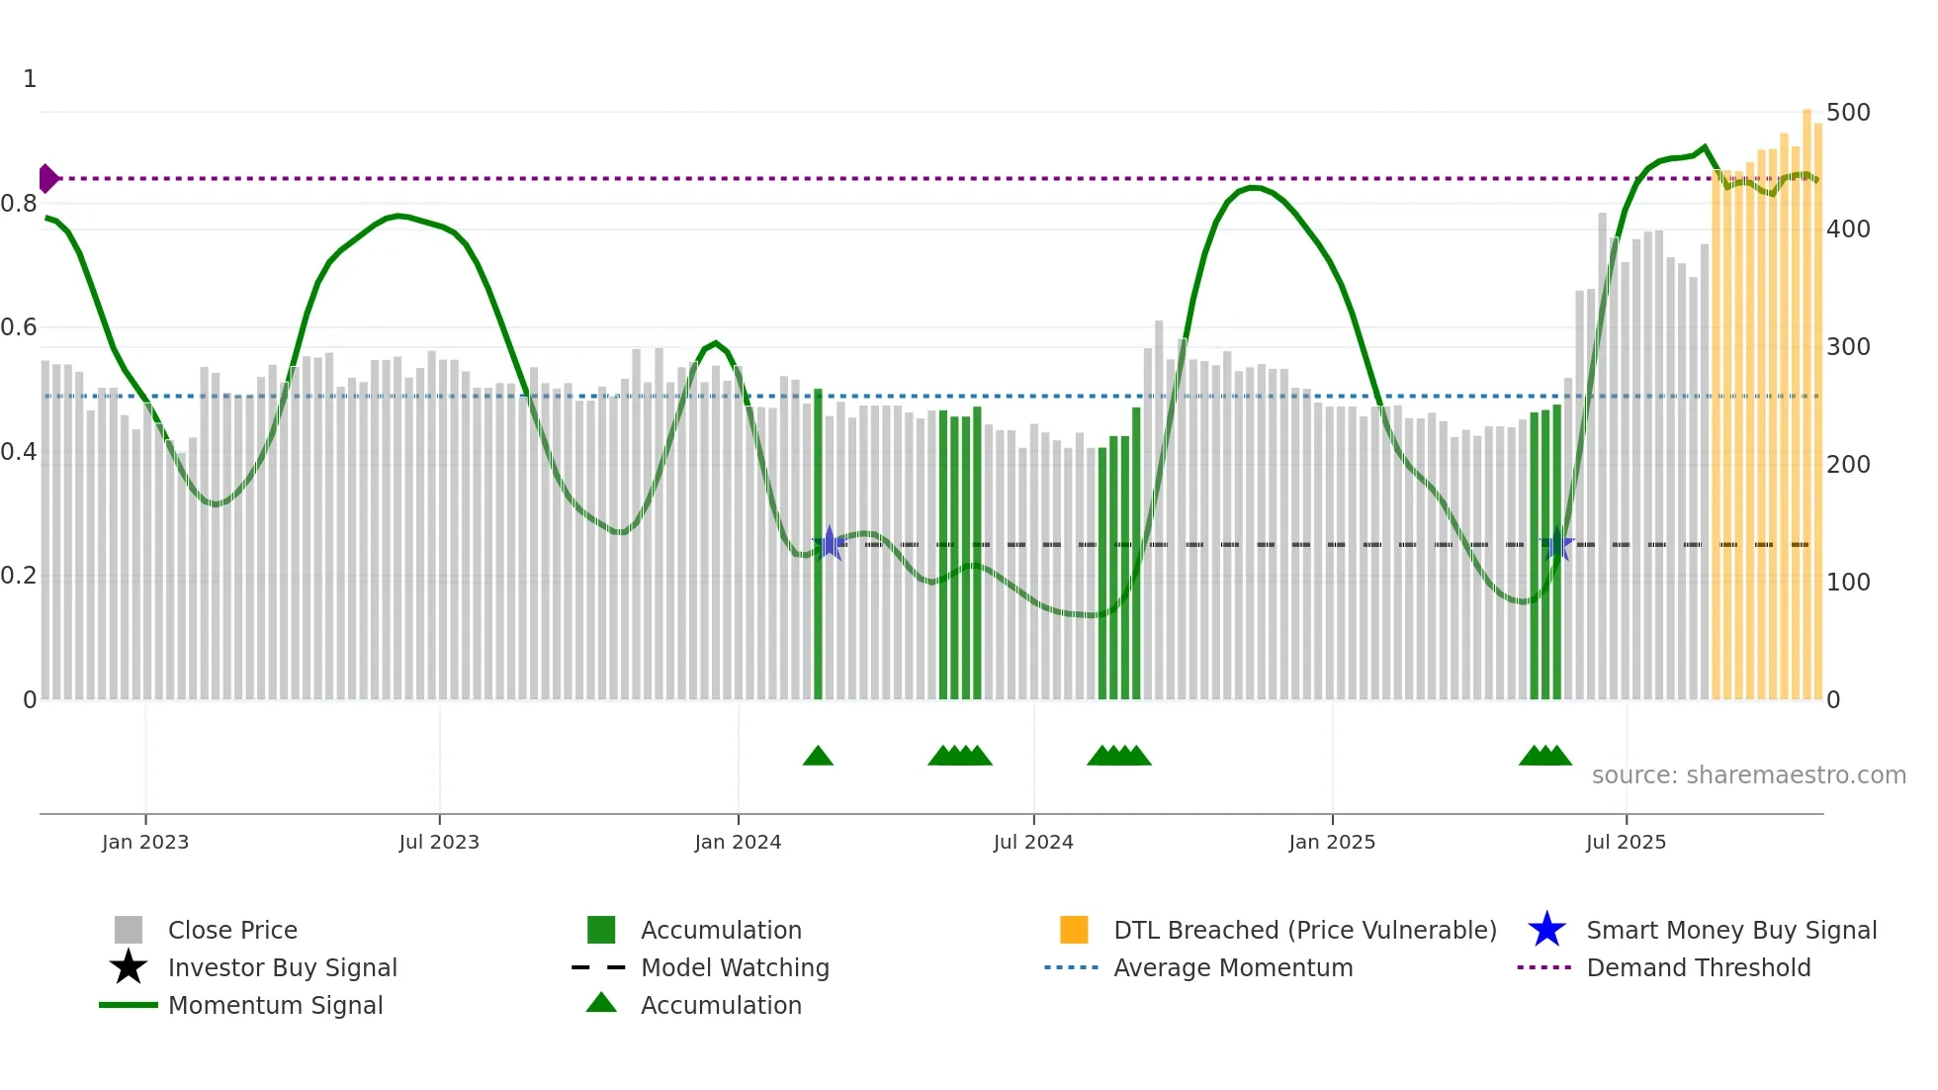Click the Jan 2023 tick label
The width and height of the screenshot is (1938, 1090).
[x=145, y=842]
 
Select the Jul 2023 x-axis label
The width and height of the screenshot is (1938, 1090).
[x=439, y=842]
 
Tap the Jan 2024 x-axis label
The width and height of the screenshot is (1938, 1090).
[x=738, y=842]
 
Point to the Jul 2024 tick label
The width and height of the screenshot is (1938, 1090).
[x=1033, y=842]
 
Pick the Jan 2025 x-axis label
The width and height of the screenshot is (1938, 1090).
[x=1332, y=842]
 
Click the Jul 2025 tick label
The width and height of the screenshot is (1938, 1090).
[x=1626, y=842]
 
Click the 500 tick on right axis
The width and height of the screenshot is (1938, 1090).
[x=1848, y=113]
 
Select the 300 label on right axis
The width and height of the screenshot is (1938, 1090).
[x=1848, y=347]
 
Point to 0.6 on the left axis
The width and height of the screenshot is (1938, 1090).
[x=20, y=327]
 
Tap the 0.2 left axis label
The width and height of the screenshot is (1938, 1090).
[x=20, y=576]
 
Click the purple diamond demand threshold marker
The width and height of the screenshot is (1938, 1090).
[x=47, y=179]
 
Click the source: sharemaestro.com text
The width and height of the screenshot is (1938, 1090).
[x=1748, y=775]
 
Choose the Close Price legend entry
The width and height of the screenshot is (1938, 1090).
[x=232, y=930]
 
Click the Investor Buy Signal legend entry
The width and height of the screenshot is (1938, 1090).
[x=282, y=967]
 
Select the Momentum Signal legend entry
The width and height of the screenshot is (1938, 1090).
[x=275, y=1005]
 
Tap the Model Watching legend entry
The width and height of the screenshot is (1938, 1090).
[x=735, y=967]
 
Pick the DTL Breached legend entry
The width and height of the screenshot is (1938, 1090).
[x=1304, y=930]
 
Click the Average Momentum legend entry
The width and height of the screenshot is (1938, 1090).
[x=1233, y=967]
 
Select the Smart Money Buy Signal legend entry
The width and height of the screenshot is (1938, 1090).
[x=1731, y=930]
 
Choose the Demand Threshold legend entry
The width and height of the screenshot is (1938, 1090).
[x=1698, y=967]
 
